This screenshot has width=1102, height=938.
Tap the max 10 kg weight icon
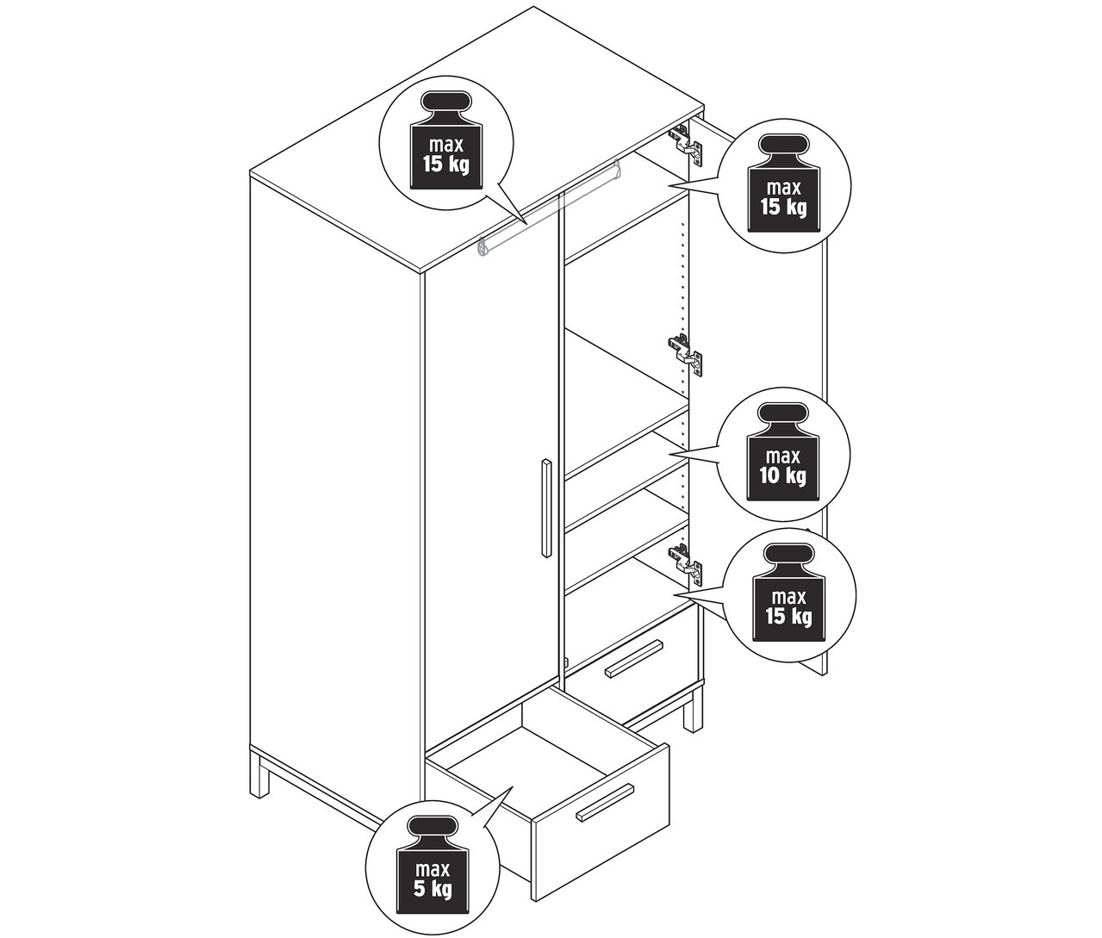pos(782,452)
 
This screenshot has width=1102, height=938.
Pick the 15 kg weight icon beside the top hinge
pos(783,184)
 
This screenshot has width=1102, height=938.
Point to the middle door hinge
pos(686,353)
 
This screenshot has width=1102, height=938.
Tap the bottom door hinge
pos(686,562)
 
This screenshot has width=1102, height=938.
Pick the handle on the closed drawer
pos(634,659)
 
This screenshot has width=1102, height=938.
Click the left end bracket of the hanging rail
pos(483,246)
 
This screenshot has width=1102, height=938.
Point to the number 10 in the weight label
pos(769,475)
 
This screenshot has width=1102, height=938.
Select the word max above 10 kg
pos(782,457)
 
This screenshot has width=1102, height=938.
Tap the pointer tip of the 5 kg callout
pos(513,786)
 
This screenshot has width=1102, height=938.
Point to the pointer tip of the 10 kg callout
pos(670,454)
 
